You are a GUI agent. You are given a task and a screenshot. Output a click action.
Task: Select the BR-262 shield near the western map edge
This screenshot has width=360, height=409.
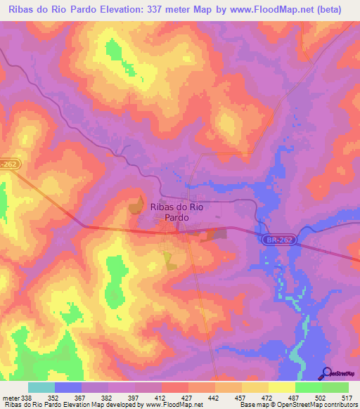pyautogui.click(x=9, y=163)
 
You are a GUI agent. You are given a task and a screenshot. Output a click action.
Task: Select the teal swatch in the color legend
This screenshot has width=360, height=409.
pyautogui.click(x=41, y=387)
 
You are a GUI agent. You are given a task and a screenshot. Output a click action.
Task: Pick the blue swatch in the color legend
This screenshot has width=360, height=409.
pyautogui.click(x=68, y=387)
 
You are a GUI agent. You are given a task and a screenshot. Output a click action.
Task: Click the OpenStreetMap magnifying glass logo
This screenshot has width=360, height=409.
pyautogui.click(x=327, y=372)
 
